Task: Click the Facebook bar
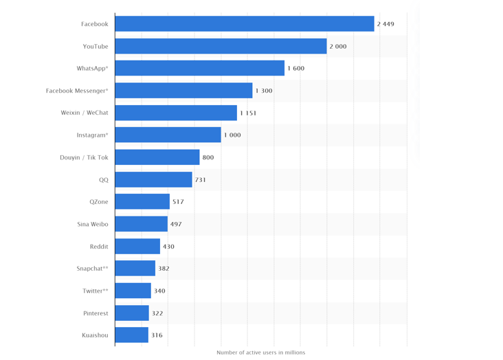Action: [x=245, y=24]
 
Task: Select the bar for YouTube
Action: [x=221, y=46]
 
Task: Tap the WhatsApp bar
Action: [x=199, y=68]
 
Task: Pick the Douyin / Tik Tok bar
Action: [x=157, y=157]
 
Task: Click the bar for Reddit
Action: [x=137, y=246]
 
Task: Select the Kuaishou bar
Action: [x=132, y=335]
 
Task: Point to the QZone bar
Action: [x=142, y=201]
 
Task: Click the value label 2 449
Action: [x=385, y=24]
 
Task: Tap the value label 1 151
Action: [x=248, y=113]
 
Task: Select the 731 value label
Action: [x=200, y=180]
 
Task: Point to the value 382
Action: [x=164, y=269]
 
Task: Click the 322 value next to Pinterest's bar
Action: [x=157, y=313]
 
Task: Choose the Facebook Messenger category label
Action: [x=77, y=91]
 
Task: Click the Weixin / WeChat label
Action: [x=85, y=113]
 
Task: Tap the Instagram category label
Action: [x=92, y=135]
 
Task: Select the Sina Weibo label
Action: [x=93, y=224]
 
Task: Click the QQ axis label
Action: [x=104, y=180]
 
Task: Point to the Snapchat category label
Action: [x=93, y=269]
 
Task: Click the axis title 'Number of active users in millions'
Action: [x=260, y=352]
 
